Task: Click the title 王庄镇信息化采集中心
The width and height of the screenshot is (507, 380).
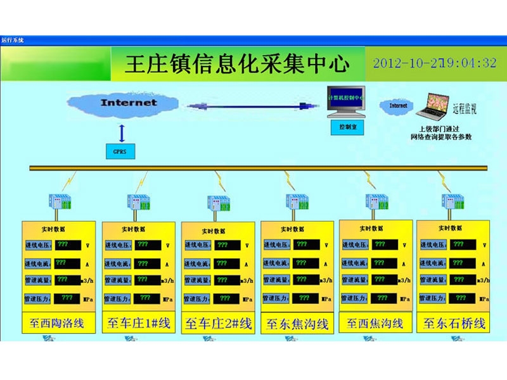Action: pyautogui.click(x=237, y=64)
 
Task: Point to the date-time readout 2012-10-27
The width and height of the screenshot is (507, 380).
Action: pyautogui.click(x=435, y=63)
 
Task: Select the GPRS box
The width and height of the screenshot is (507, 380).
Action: pyautogui.click(x=119, y=152)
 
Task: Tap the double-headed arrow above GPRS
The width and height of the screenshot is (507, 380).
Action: pyautogui.click(x=122, y=132)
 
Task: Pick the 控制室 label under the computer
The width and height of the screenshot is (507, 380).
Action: pyautogui.click(x=348, y=126)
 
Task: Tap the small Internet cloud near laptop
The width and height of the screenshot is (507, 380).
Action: pyautogui.click(x=398, y=106)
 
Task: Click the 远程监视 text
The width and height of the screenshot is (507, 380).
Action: pyautogui.click(x=464, y=108)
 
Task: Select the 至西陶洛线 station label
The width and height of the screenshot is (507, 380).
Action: pyautogui.click(x=57, y=323)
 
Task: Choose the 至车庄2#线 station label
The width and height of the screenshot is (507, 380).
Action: pyautogui.click(x=218, y=324)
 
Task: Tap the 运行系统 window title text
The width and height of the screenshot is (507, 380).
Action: pyautogui.click(x=13, y=40)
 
